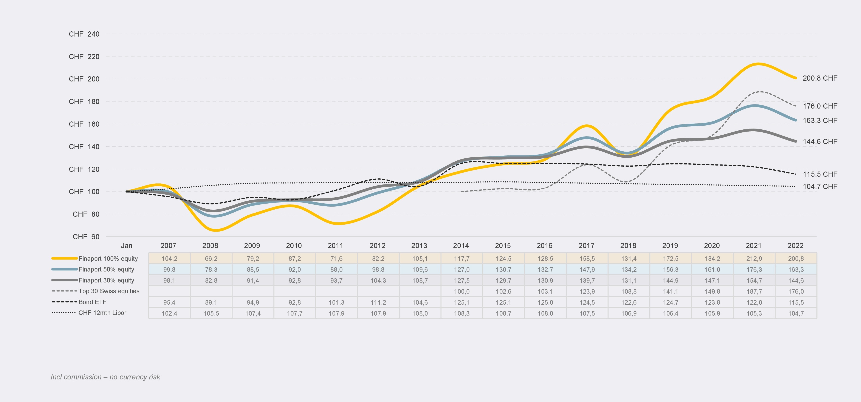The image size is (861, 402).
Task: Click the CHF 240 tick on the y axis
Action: tap(84, 34)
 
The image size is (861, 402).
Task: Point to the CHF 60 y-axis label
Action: tap(86, 237)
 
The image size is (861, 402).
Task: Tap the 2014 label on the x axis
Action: tap(461, 246)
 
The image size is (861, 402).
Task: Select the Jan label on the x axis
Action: tap(126, 246)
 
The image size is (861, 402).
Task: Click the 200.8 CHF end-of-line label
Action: tap(820, 78)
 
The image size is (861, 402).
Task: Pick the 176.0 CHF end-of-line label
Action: tap(820, 106)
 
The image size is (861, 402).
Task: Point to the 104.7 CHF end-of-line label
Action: tap(820, 187)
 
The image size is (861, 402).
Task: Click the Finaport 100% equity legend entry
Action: tap(108, 258)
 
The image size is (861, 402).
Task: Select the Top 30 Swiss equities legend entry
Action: tap(109, 291)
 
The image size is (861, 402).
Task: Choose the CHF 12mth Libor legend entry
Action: tap(102, 313)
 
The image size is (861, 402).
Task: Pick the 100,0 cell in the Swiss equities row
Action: tap(461, 292)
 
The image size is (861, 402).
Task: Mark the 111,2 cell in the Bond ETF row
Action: tap(378, 302)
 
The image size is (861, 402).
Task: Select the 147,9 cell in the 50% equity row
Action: tap(587, 269)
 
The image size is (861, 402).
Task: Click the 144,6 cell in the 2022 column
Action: tap(796, 281)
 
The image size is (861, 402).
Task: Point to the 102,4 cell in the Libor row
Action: tap(169, 313)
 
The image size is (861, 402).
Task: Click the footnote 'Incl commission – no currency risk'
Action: tap(105, 377)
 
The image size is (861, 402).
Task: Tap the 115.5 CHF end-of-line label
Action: tap(820, 174)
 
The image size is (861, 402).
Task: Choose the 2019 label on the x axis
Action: tap(670, 246)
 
